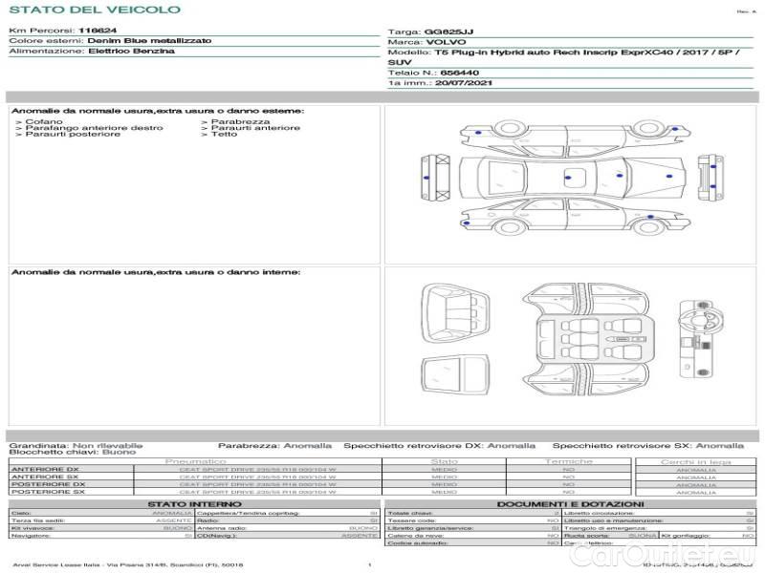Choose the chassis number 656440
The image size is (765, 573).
click(461, 73)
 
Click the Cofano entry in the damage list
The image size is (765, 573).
click(44, 122)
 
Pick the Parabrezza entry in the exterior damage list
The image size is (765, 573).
click(240, 122)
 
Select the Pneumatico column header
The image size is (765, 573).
click(195, 461)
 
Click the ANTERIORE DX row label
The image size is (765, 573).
click(44, 469)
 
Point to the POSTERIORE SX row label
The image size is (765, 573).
click(47, 492)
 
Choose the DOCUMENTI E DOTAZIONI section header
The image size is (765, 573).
click(570, 503)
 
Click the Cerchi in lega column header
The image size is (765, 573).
click(695, 461)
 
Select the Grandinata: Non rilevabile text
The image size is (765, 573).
click(76, 445)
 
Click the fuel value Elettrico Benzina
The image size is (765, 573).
click(131, 51)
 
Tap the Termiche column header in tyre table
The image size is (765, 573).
click(569, 461)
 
